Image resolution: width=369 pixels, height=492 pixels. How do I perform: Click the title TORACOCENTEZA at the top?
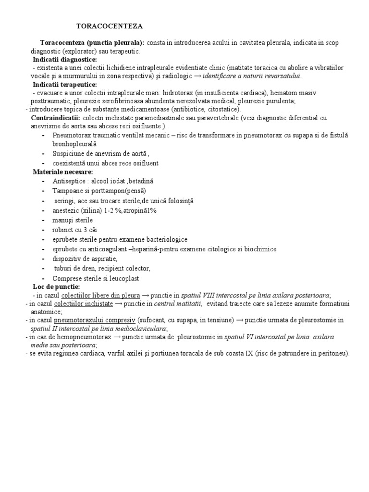point(110,25)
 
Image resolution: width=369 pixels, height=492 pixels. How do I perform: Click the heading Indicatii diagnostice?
point(65,60)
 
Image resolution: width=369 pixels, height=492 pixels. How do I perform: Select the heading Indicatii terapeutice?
point(65,84)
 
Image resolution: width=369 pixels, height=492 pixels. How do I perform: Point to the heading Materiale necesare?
point(63,172)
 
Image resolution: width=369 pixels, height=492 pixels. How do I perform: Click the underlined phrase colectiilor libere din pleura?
point(100,295)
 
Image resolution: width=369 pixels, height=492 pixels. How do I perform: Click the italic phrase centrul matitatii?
point(178,304)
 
